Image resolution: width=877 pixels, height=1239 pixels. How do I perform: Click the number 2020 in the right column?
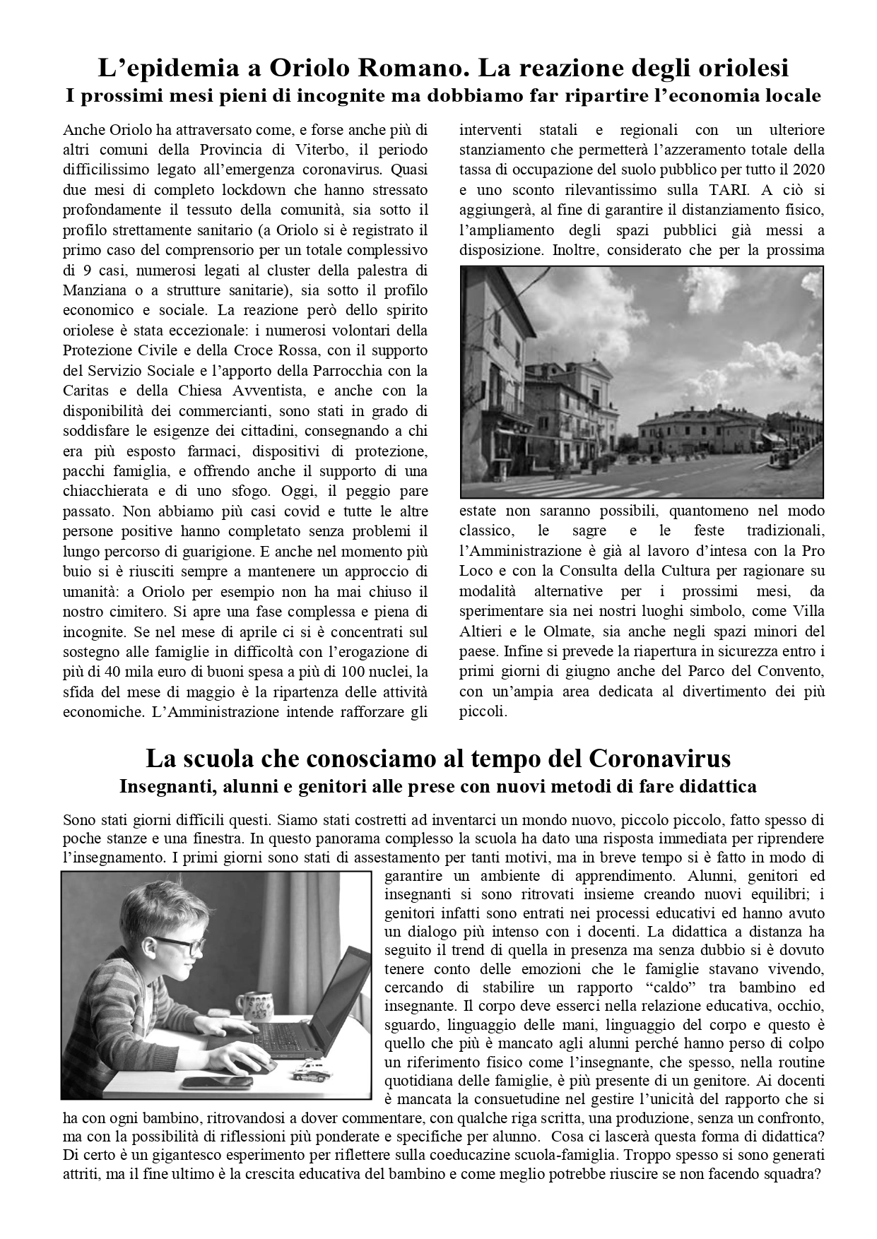(x=808, y=170)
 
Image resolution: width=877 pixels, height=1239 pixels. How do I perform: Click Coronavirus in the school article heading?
(x=659, y=759)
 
